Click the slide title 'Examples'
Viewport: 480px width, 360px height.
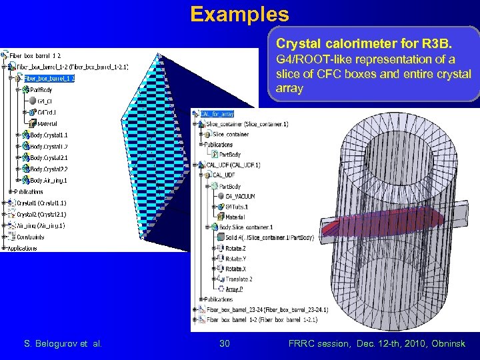click(x=239, y=14)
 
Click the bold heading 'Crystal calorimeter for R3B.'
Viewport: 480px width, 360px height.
click(x=364, y=45)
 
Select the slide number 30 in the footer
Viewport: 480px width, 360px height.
click(x=225, y=343)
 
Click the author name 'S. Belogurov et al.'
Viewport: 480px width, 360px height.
click(x=63, y=343)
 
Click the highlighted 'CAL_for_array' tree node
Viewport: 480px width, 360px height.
click(x=217, y=114)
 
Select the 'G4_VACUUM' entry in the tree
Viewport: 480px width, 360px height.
click(x=239, y=196)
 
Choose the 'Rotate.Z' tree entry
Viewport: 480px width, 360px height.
click(x=234, y=248)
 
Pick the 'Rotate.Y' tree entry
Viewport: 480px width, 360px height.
click(x=234, y=259)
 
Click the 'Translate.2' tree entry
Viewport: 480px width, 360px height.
click(x=238, y=279)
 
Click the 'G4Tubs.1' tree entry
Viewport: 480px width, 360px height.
click(x=237, y=206)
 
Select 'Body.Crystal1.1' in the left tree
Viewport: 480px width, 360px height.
click(x=48, y=135)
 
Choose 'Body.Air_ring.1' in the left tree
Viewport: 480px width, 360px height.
click(x=48, y=180)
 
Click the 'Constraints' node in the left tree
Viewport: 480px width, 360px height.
click(x=31, y=237)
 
